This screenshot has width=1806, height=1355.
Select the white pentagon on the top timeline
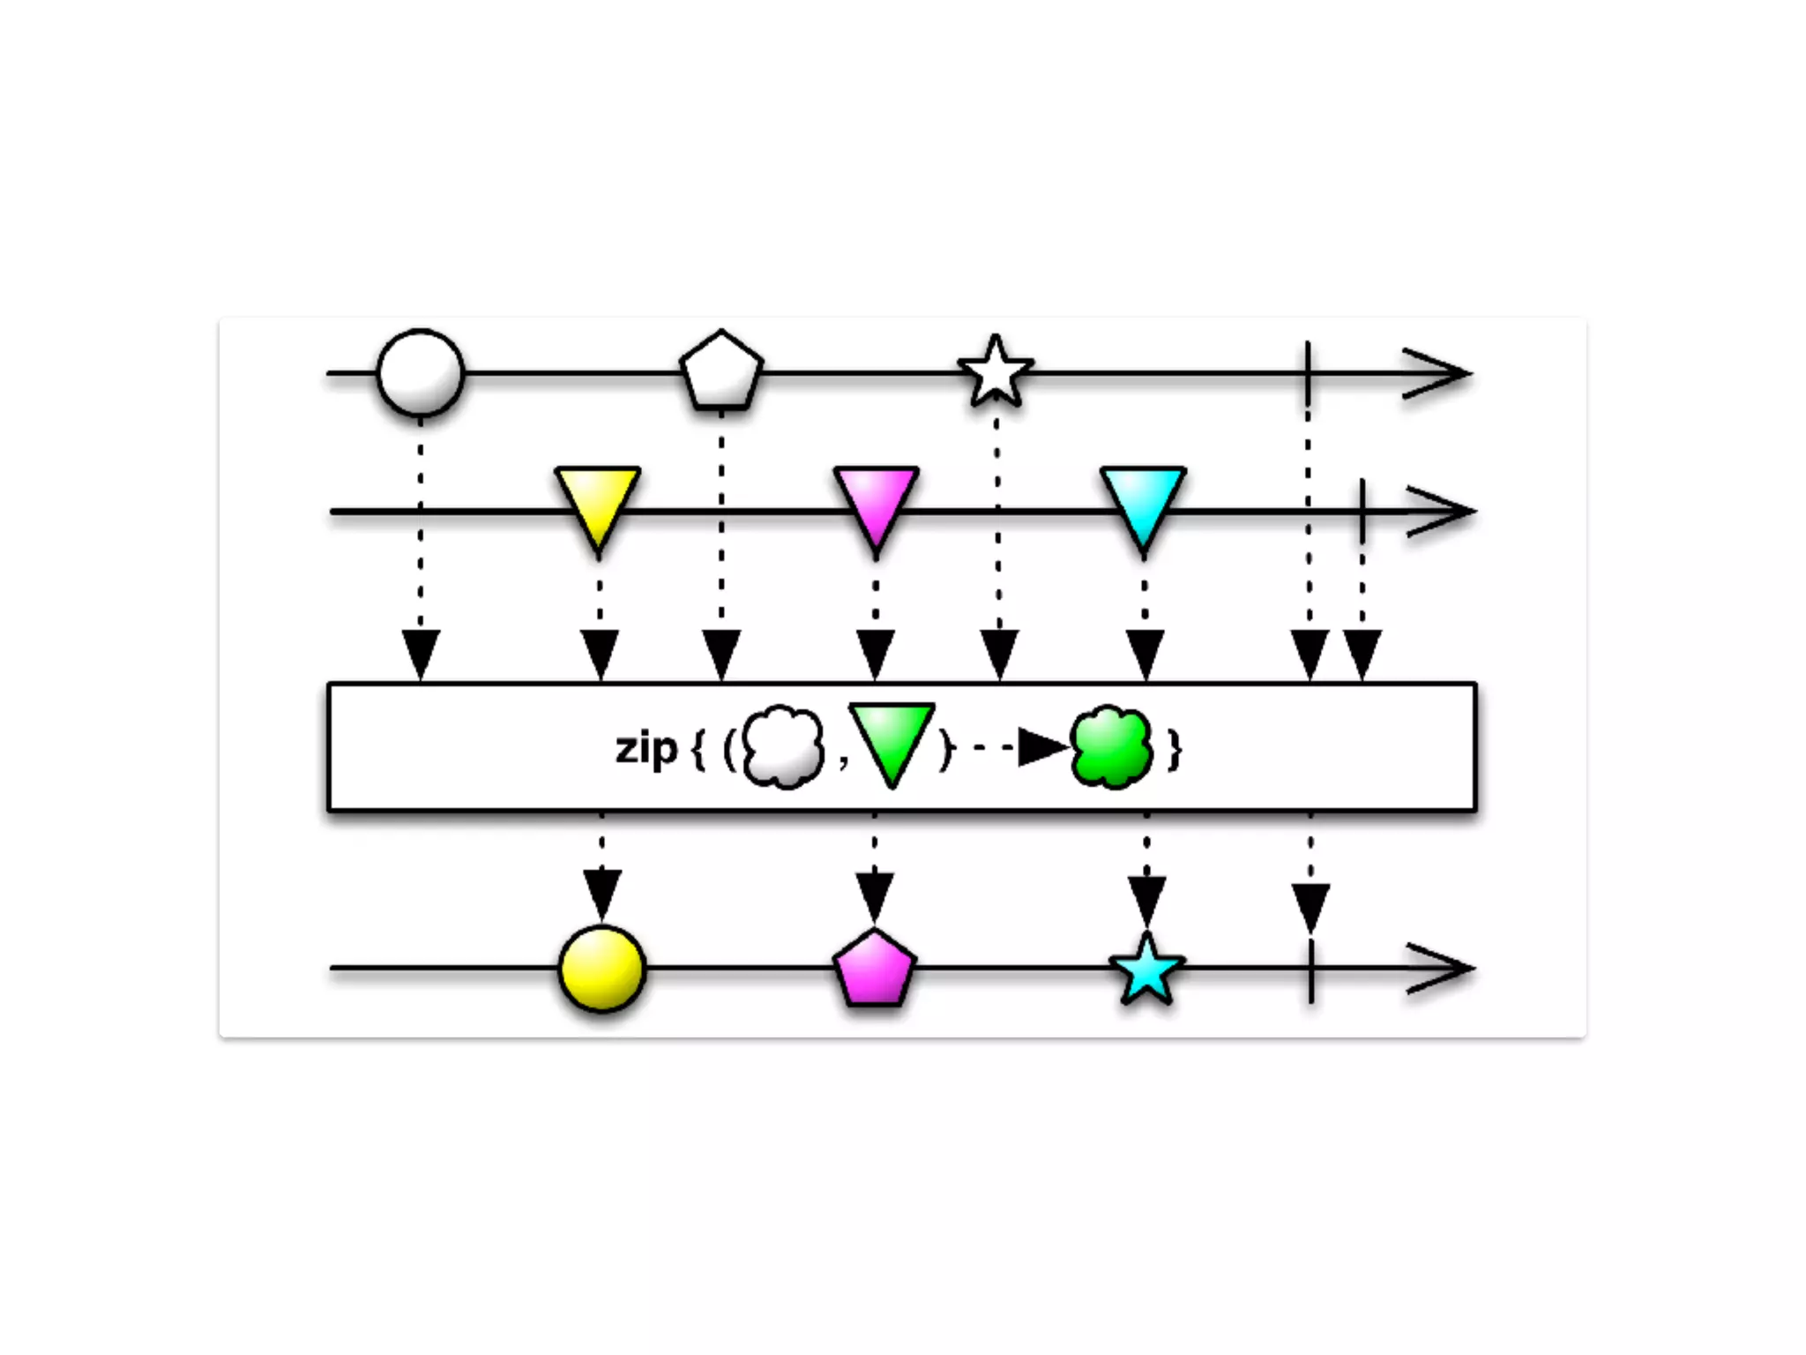coord(721,372)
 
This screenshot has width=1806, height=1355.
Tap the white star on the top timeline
coord(996,373)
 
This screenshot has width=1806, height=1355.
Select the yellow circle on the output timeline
coord(602,969)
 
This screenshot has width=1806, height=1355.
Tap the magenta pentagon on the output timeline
coord(874,969)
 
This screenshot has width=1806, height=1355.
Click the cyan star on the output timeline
coord(1146,970)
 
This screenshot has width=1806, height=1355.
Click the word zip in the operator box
coord(646,750)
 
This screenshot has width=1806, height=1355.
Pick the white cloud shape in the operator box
coord(783,747)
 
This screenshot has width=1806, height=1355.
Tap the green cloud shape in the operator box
coord(1111,747)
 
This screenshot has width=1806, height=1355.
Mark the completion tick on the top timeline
coord(1308,373)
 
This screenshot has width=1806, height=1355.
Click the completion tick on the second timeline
coord(1362,511)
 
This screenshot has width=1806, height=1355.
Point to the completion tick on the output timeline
coord(1311,969)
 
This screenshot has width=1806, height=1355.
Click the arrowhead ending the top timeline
coord(1437,373)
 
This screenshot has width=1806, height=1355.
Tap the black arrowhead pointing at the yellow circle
coord(602,893)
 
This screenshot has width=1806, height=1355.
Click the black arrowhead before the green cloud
coord(1041,748)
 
